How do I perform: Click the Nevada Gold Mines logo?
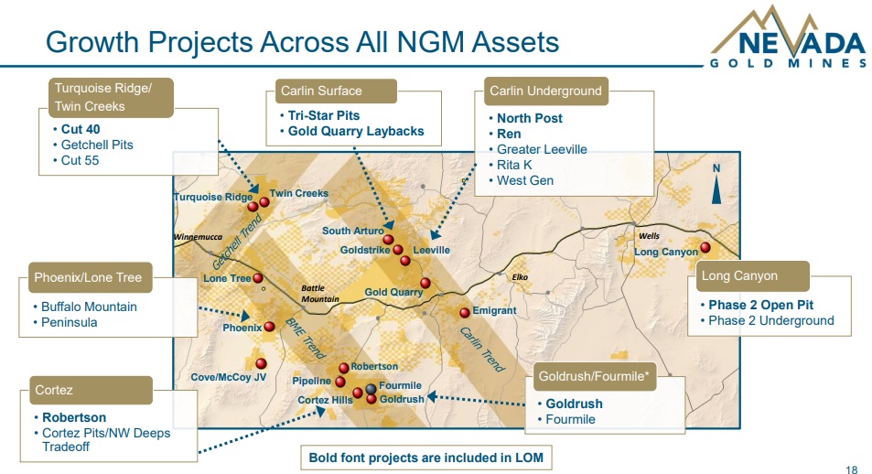pos(788,38)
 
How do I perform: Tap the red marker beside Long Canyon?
pos(705,247)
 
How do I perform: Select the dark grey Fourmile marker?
pos(371,388)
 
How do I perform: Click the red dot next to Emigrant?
pos(465,313)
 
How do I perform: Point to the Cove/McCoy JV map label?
pos(229,377)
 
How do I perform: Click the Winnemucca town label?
pos(198,237)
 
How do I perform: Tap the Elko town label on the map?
pos(520,277)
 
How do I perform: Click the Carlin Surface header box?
pos(336,91)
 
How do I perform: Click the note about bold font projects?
pos(426,458)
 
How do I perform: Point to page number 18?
pos(852,469)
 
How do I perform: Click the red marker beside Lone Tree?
pos(258,277)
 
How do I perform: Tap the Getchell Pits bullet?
pos(97,145)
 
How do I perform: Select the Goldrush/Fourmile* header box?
pos(594,376)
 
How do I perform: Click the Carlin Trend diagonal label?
pos(482,350)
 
